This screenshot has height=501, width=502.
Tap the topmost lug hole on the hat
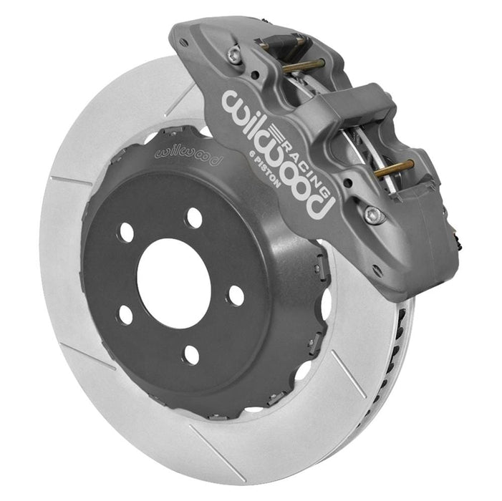(x=193, y=218)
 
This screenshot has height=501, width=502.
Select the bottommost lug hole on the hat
(x=190, y=354)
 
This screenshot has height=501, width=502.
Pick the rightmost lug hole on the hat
(x=235, y=295)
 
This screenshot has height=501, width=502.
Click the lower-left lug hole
(x=126, y=314)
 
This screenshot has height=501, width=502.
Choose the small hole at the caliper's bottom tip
(x=377, y=271)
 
